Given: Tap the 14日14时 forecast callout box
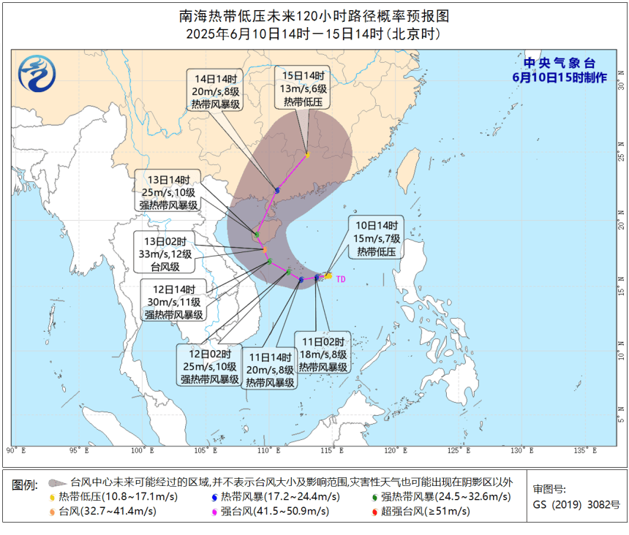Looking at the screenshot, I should point(216,91).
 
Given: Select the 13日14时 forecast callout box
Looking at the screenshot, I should point(169,192).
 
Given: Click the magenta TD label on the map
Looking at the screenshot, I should point(340,279).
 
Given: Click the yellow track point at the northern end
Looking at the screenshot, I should point(308,155).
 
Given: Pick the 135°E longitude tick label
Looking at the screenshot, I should point(582,450).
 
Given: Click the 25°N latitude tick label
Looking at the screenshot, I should point(620,156).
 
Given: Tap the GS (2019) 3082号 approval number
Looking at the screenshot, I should point(576,504).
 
